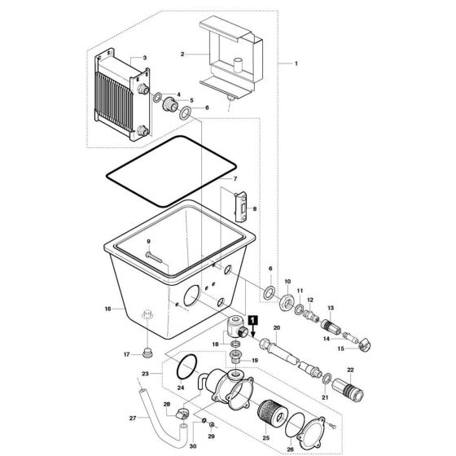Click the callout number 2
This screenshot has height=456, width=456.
[184, 55]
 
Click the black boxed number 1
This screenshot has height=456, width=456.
[253, 320]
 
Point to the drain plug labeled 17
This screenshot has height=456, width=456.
[147, 352]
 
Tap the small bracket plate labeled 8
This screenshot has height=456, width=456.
[241, 207]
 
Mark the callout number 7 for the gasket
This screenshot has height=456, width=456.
[235, 178]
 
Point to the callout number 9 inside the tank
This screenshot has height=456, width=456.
[149, 243]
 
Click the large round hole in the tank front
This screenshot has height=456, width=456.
[191, 295]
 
